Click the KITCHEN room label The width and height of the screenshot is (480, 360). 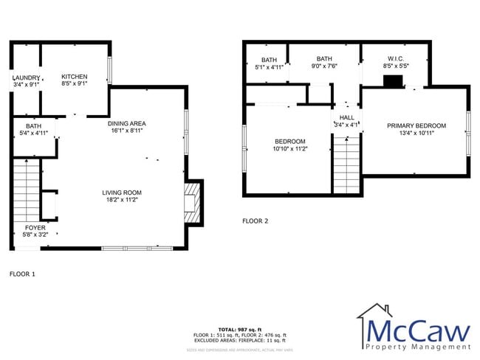click(74, 77)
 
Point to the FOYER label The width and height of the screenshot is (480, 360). click(35, 228)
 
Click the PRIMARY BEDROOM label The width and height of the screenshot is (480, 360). click(416, 126)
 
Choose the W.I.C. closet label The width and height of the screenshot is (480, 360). click(395, 58)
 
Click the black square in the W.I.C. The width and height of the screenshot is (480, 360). click(396, 82)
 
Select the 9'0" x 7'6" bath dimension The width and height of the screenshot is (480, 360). click(324, 66)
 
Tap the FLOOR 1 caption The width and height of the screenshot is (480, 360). click(22, 274)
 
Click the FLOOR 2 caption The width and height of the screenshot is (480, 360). click(256, 221)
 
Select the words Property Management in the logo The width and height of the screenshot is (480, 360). click(417, 346)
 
